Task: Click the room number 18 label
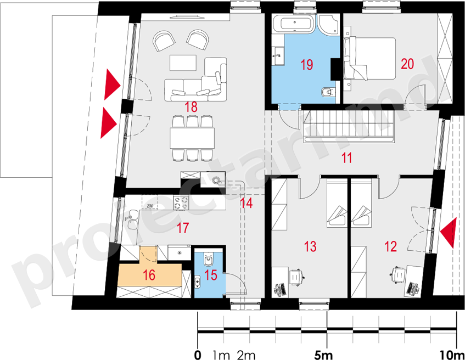191,107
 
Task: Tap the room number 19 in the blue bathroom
307,65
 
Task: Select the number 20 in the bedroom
407,64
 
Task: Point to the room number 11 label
346,157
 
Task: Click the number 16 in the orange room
149,275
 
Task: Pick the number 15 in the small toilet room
211,275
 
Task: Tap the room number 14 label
246,203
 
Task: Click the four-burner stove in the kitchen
181,203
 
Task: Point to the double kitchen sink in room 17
132,220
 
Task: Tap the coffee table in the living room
183,63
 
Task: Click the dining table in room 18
192,138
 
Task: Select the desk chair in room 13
295,277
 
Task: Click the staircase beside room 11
349,127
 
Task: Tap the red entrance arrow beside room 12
447,233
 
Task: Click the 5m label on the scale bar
323,355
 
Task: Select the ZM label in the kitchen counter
150,205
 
